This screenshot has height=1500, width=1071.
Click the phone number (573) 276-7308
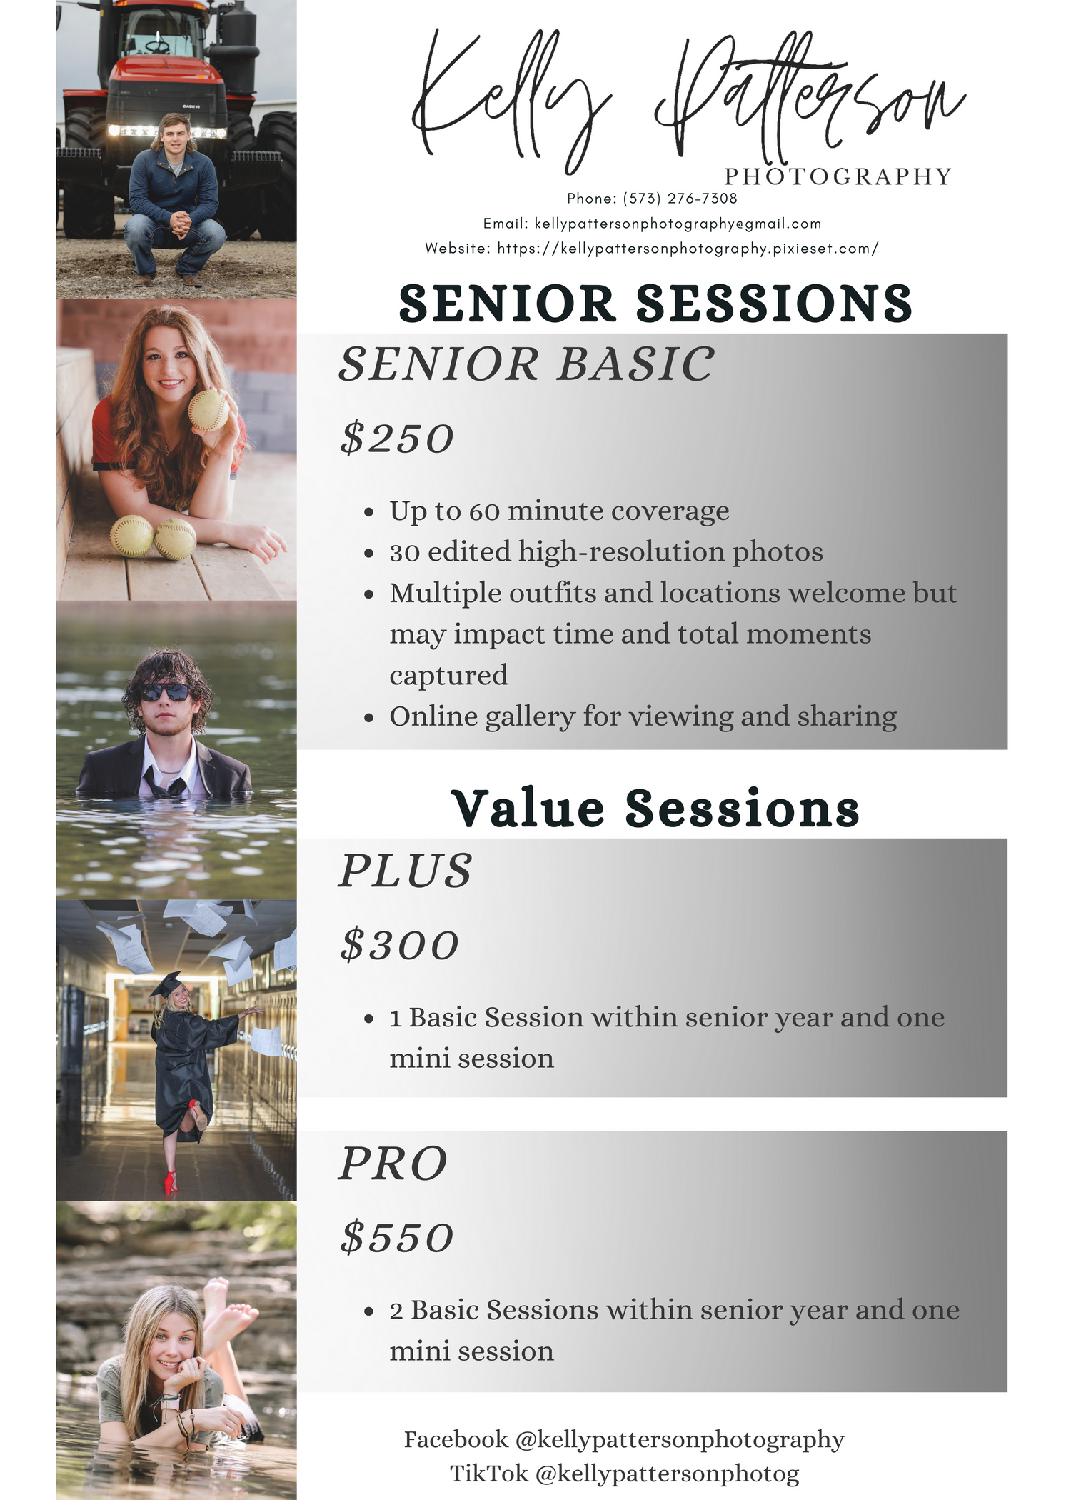click(x=680, y=198)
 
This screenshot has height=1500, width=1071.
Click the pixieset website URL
click(x=688, y=249)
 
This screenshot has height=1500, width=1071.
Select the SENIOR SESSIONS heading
click(x=655, y=303)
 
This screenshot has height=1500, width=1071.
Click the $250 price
click(x=397, y=438)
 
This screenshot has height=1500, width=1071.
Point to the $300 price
click(x=399, y=945)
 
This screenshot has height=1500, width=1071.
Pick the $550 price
click(x=397, y=1238)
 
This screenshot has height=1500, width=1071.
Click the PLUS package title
click(x=405, y=871)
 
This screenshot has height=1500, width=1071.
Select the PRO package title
click(x=393, y=1164)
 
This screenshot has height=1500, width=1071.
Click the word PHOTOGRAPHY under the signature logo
click(x=838, y=176)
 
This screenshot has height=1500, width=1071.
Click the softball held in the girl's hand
click(x=208, y=411)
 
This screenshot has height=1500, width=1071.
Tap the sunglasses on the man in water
click(x=164, y=692)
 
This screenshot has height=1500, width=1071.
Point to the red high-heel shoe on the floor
click(x=171, y=1182)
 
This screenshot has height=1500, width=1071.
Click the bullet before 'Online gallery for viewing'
click(x=369, y=717)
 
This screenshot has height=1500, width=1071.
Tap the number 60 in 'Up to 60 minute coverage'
click(x=484, y=511)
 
